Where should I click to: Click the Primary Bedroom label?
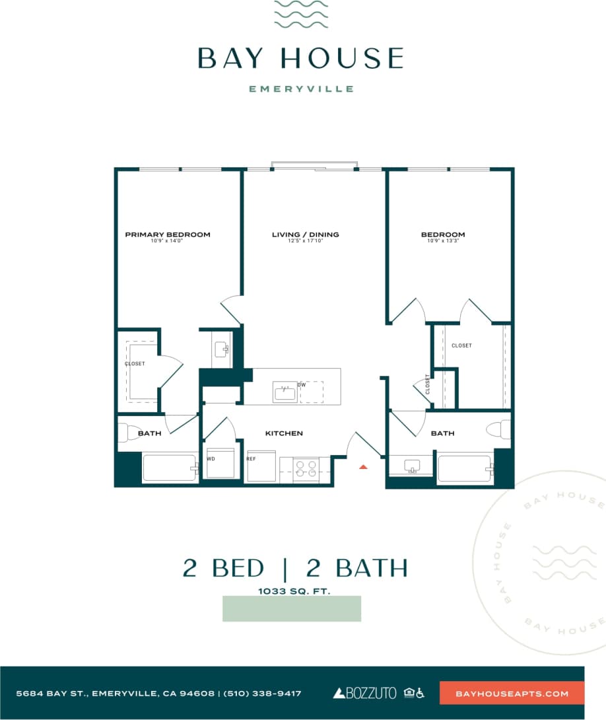pyautogui.click(x=168, y=234)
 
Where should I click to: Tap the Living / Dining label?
pyautogui.click(x=305, y=234)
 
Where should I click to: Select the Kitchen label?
pyautogui.click(x=284, y=433)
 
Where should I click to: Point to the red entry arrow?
pyautogui.click(x=362, y=467)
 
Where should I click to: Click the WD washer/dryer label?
pyautogui.click(x=211, y=458)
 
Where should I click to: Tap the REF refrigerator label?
pyautogui.click(x=251, y=458)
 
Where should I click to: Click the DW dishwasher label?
pyautogui.click(x=301, y=384)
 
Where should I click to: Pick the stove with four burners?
pyautogui.click(x=306, y=469)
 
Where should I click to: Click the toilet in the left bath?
pyautogui.click(x=126, y=433)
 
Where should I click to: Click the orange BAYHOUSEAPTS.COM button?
pyautogui.click(x=512, y=693)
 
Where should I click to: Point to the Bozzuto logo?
pyautogui.click(x=364, y=693)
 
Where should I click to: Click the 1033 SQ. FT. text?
pyautogui.click(x=294, y=592)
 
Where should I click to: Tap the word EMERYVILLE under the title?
pyautogui.click(x=301, y=89)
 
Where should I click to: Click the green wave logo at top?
pyautogui.click(x=301, y=15)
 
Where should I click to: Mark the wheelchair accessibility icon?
pyautogui.click(x=421, y=693)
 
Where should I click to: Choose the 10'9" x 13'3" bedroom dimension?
pyautogui.click(x=443, y=241)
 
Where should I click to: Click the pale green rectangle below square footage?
pyautogui.click(x=292, y=608)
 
